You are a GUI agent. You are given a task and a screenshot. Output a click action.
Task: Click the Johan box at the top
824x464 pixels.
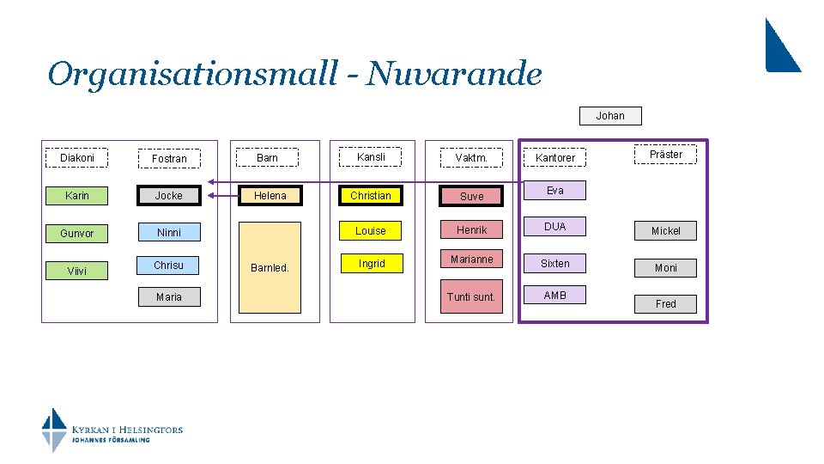(x=610, y=115)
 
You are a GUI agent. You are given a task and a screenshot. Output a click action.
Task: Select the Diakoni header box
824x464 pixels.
(x=77, y=158)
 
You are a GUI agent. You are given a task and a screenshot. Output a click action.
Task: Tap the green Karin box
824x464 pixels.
(x=77, y=196)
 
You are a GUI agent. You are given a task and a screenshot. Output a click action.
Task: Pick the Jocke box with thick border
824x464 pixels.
(x=169, y=196)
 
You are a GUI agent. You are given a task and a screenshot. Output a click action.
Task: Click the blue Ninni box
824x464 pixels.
(x=169, y=232)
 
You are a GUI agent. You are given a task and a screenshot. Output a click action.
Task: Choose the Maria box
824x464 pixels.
(x=169, y=297)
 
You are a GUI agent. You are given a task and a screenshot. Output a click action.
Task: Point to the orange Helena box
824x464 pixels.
(x=270, y=196)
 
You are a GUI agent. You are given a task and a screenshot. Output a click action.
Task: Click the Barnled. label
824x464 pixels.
(x=270, y=267)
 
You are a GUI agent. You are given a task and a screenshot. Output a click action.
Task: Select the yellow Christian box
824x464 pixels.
(x=371, y=196)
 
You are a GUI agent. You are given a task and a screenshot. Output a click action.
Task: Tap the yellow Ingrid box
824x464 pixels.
(x=371, y=264)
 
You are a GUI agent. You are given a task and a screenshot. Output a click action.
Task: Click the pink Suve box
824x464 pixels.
(x=471, y=196)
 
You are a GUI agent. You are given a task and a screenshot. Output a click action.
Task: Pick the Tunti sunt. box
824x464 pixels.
(x=471, y=297)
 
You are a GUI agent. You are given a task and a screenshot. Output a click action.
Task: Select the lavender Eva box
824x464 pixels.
(x=555, y=191)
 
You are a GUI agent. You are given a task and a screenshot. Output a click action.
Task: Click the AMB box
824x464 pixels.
(x=555, y=296)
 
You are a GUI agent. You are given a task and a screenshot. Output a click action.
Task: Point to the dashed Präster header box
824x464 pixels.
(x=665, y=155)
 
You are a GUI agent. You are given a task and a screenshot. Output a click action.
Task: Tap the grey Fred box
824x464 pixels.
(x=665, y=303)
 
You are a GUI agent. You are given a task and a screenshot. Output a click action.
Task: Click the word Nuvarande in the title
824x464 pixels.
(x=454, y=75)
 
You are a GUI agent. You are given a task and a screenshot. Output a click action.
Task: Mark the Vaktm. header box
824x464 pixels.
(x=471, y=158)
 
